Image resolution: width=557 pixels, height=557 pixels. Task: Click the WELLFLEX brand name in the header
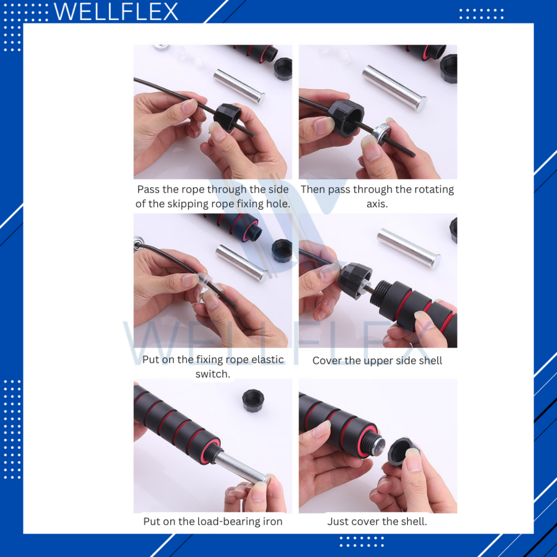click(x=116, y=12)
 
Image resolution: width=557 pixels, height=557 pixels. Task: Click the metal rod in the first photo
click(x=239, y=86)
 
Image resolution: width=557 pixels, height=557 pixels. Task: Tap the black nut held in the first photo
click(x=227, y=117)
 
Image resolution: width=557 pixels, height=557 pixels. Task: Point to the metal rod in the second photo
click(x=394, y=88)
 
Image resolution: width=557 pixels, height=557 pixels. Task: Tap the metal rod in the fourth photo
click(x=409, y=248)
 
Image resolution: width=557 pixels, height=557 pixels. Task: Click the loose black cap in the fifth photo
click(x=252, y=400)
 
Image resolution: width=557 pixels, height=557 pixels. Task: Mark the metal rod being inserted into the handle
click(x=242, y=468)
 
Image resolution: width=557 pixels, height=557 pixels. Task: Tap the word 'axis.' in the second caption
click(x=377, y=203)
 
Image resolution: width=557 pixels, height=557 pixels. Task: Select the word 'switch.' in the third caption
click(x=213, y=374)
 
